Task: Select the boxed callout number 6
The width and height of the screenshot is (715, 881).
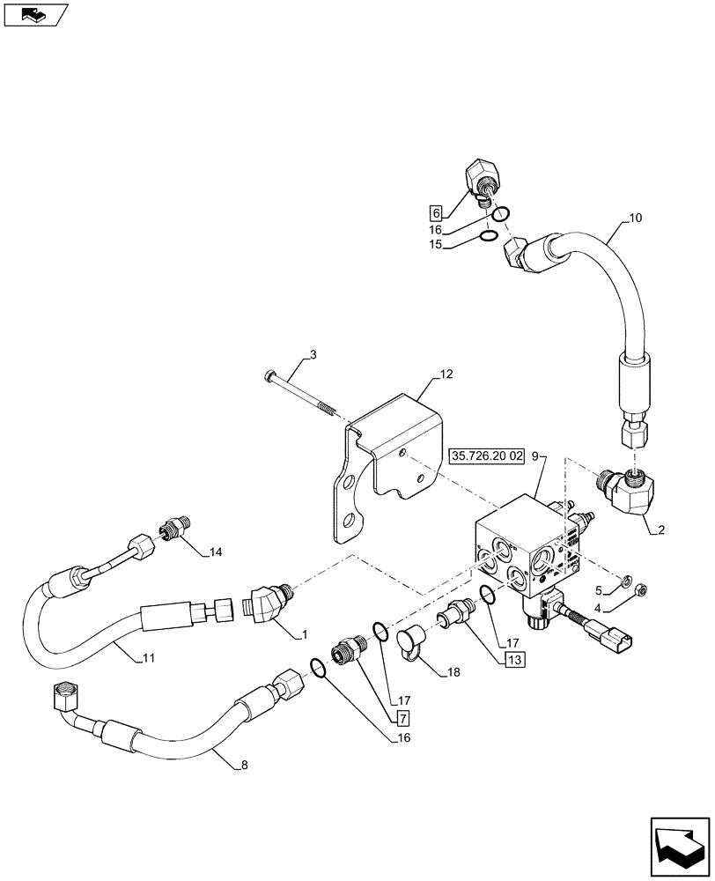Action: coord(435,211)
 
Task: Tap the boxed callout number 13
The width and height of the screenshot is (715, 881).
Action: coord(513,658)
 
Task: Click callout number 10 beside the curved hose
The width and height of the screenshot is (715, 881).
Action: coord(636,216)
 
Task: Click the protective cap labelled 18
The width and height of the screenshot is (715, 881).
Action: coord(410,641)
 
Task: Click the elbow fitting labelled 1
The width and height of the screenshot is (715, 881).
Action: coord(264,605)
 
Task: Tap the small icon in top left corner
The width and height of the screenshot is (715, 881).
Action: coord(33,13)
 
